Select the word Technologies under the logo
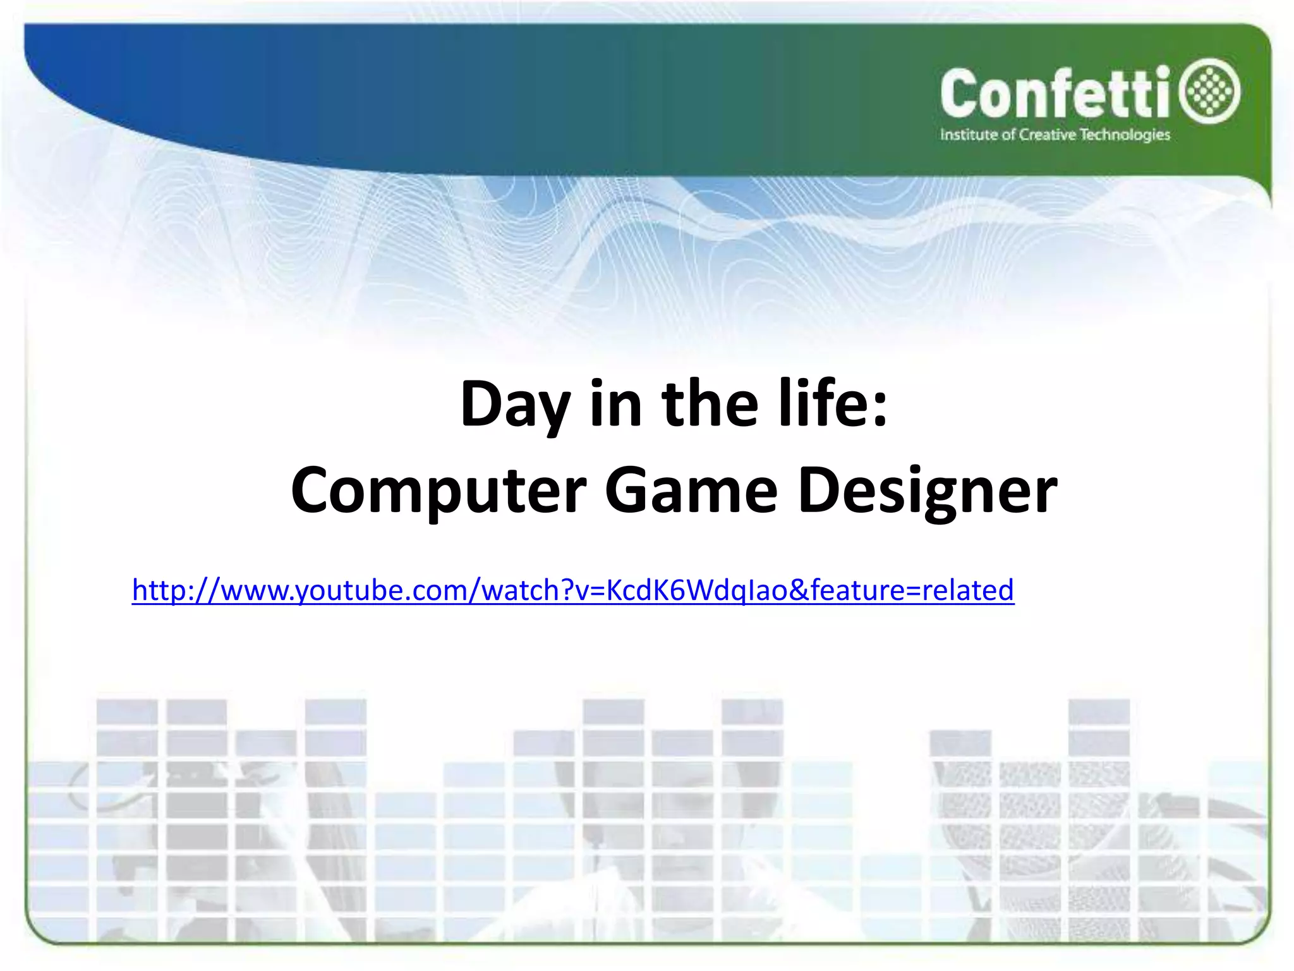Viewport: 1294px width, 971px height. click(x=1125, y=135)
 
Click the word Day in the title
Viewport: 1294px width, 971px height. click(x=515, y=405)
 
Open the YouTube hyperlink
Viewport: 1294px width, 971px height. click(x=572, y=590)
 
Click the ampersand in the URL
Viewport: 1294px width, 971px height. click(x=799, y=590)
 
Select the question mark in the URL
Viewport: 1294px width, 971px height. click(x=567, y=590)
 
